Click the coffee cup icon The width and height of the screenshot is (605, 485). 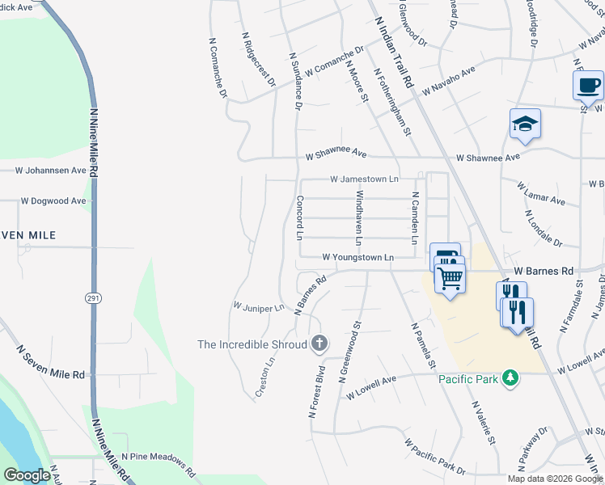point(588,84)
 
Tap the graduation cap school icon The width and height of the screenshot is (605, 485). point(525,124)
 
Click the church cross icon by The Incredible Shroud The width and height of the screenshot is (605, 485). point(319,344)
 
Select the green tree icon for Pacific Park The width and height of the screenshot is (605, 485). point(510,377)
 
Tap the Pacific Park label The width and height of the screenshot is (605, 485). point(468,378)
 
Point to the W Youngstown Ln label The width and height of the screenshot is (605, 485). point(357,257)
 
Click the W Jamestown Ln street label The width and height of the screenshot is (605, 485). point(364,179)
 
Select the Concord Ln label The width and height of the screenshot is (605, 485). point(298,218)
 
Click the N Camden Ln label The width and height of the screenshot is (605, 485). point(414,218)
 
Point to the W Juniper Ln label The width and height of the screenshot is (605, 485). point(258,307)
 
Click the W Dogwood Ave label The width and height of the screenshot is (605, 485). point(53,200)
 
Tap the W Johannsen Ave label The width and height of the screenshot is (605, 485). point(50,171)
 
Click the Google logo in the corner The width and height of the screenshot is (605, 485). point(27,475)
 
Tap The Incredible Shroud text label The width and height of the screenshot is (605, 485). point(252,344)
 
